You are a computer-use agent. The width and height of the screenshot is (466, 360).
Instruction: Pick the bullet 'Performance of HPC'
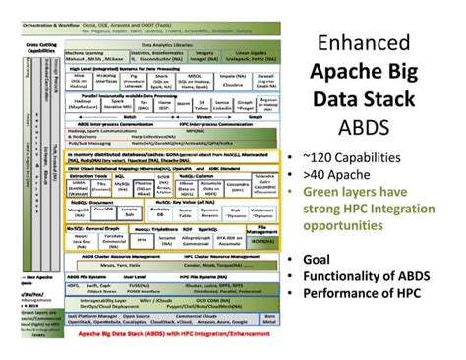(x=372, y=293)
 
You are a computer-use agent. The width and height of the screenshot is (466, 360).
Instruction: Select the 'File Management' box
(x=268, y=229)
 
